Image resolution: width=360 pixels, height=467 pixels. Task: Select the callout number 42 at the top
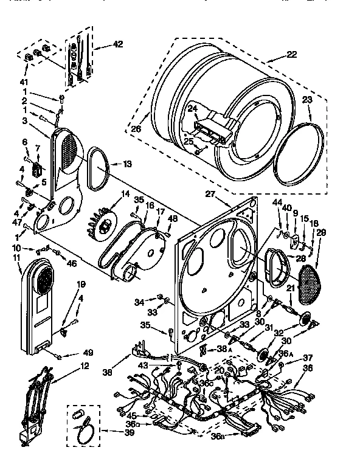coord(117,44)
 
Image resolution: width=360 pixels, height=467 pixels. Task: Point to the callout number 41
coord(25,81)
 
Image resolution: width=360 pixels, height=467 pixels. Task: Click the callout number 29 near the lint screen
coord(321,233)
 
